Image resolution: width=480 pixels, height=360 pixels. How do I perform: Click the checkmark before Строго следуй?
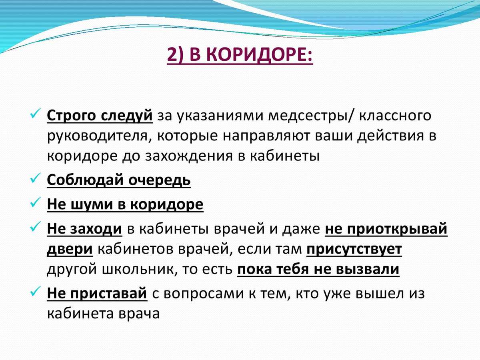(x=35, y=113)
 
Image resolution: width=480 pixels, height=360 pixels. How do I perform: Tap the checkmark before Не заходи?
(x=35, y=226)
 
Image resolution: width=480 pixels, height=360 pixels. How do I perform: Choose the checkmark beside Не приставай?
(x=35, y=291)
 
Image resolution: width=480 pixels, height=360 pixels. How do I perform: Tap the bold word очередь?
(x=160, y=181)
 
